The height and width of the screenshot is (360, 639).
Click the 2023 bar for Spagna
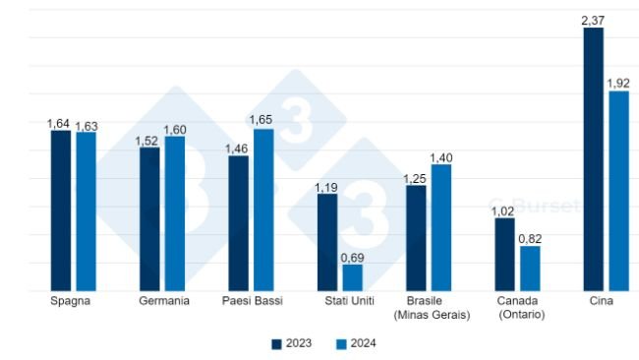click(x=61, y=211)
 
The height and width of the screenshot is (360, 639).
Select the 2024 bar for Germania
click(x=175, y=213)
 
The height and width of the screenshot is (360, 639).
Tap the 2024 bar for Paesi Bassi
click(x=263, y=210)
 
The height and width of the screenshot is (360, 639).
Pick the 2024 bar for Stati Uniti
click(x=352, y=277)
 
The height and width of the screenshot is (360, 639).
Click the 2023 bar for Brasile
click(x=416, y=238)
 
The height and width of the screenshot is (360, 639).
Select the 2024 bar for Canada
click(x=530, y=269)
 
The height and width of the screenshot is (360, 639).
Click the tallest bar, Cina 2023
click(x=594, y=159)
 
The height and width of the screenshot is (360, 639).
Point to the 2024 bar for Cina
click(x=618, y=191)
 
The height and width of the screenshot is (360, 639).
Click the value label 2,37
click(x=593, y=18)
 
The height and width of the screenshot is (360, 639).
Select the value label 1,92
click(x=618, y=82)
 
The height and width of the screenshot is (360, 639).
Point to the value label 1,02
click(x=503, y=210)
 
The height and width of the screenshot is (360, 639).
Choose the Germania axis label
click(x=163, y=301)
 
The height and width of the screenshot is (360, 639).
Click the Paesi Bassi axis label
click(x=252, y=301)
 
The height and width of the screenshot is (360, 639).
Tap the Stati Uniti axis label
click(x=340, y=301)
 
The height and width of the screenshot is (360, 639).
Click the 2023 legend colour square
click(x=277, y=343)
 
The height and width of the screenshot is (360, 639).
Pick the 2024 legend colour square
click(x=341, y=343)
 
